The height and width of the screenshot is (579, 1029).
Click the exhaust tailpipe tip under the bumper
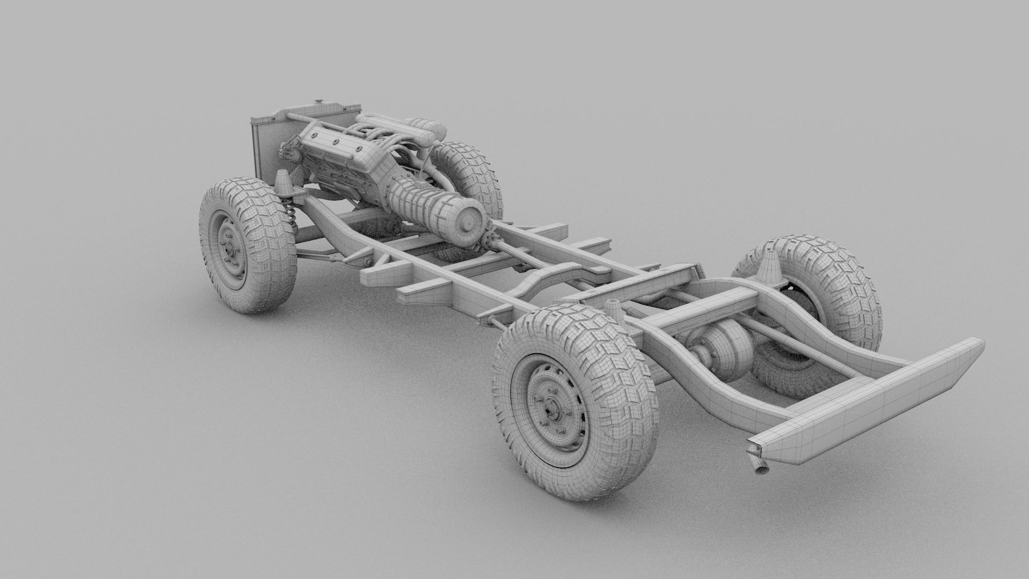[x=760, y=470]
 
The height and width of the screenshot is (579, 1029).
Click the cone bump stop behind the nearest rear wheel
[x=613, y=311]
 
